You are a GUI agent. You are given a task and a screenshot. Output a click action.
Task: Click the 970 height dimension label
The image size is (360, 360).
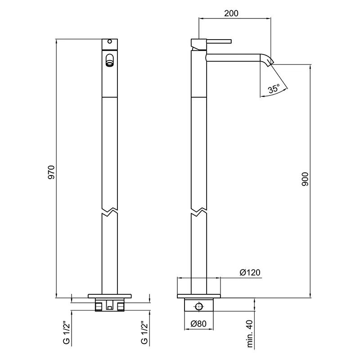[51, 172]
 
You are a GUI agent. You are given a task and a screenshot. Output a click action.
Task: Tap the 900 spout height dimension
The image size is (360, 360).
[305, 179]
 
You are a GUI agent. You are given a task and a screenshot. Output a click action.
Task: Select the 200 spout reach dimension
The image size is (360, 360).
[231, 13]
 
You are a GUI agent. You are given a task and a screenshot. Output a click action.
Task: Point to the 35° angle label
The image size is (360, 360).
[274, 88]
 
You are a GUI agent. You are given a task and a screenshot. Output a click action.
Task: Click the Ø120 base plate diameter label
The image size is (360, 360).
[250, 273]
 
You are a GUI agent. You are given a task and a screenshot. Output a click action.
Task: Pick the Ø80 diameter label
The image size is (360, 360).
[198, 324]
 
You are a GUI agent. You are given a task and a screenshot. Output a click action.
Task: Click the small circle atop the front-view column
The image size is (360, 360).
[109, 41]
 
